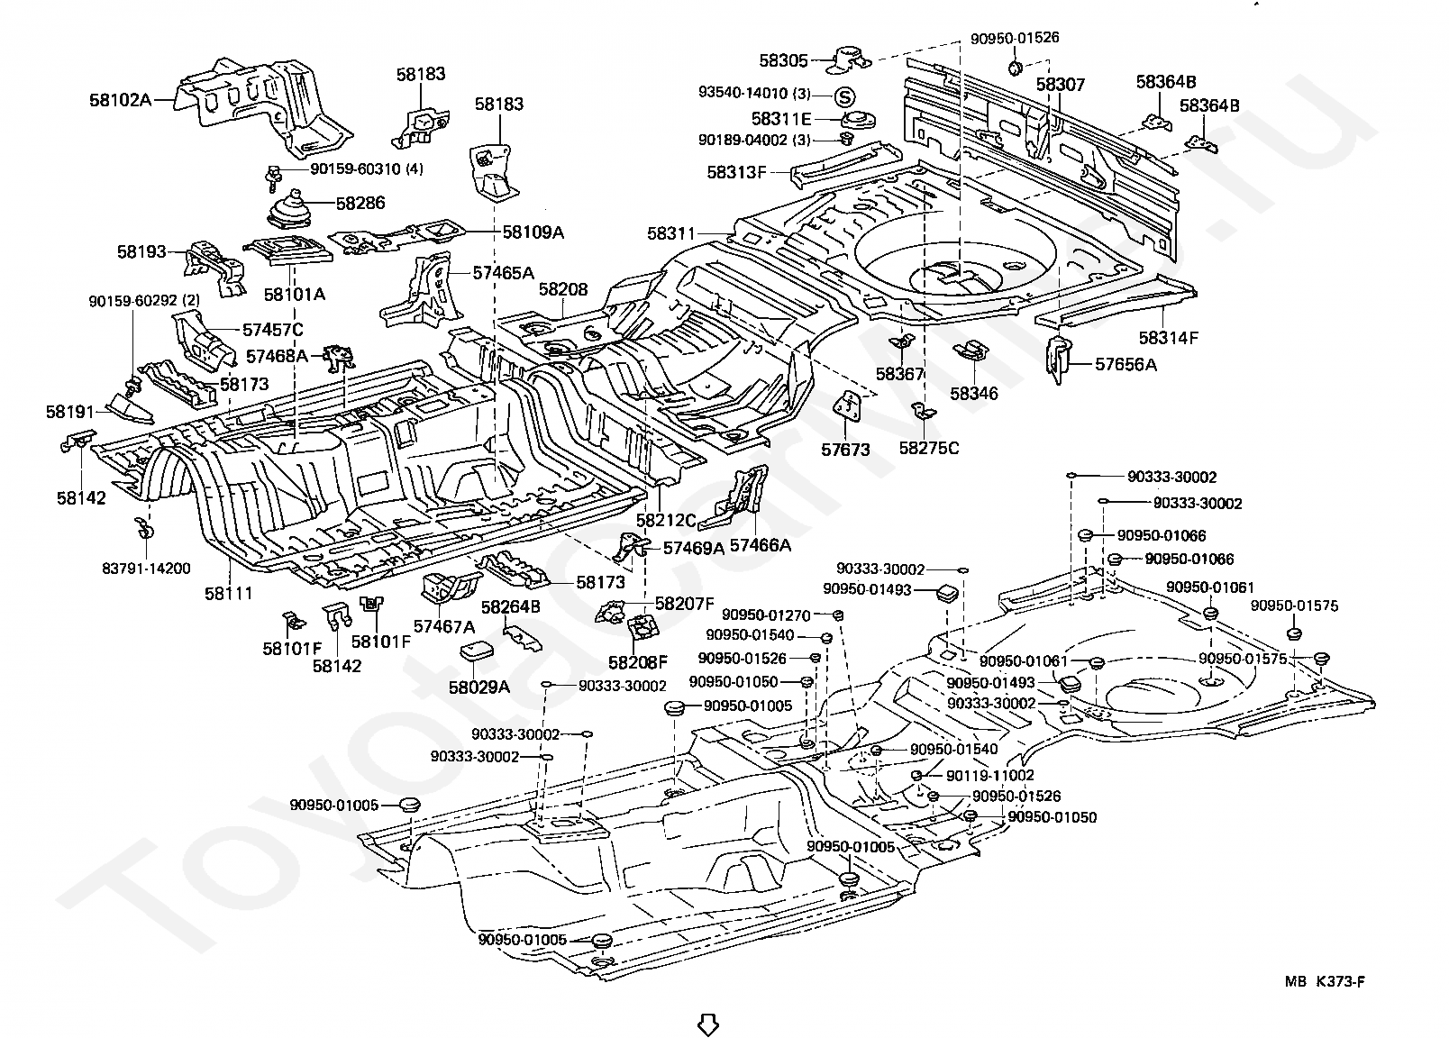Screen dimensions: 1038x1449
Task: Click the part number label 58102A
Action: coord(121,100)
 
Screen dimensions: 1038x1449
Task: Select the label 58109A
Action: coord(533,232)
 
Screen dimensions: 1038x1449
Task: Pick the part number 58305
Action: coord(783,60)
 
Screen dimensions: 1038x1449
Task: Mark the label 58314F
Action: coord(1168,338)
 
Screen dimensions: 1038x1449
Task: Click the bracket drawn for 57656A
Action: coord(1060,360)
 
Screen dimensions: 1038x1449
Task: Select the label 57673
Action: coord(844,449)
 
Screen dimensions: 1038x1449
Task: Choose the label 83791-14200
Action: coord(146,569)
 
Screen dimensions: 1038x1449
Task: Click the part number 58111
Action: coord(228,593)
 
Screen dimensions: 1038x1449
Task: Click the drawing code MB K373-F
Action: coord(1324,982)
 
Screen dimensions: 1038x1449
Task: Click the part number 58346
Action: coord(973,394)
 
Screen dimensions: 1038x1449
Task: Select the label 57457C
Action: coord(272,330)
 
